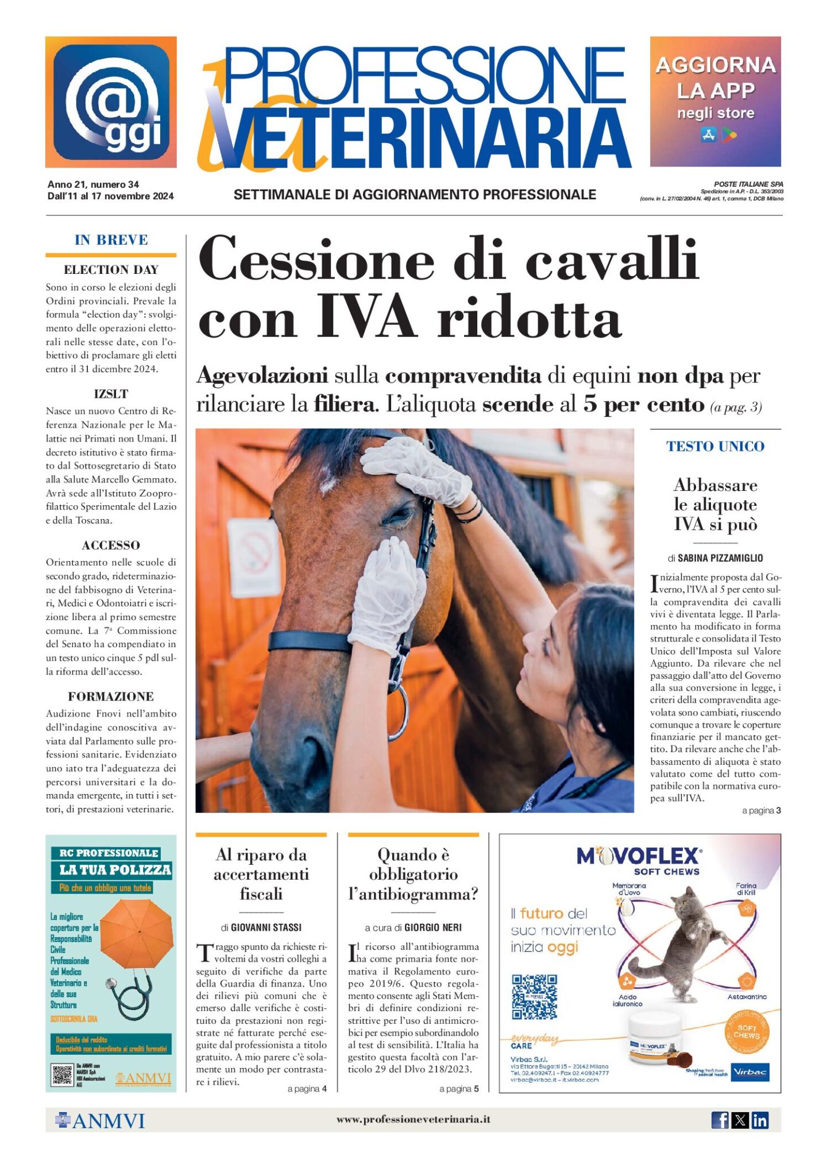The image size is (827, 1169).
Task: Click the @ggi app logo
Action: pos(111,102)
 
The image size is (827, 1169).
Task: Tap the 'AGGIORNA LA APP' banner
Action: pos(715,102)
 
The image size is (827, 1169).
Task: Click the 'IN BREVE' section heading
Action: pos(111,240)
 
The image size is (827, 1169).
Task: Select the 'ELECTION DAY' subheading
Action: pos(111,270)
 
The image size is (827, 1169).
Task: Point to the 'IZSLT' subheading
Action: pos(111,394)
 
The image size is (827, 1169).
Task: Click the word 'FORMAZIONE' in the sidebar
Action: pos(111,696)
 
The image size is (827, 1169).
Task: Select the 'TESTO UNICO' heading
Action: pos(715,446)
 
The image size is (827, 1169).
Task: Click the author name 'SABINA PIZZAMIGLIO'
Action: pos(720,558)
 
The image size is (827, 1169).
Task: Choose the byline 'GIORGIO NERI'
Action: pos(432,927)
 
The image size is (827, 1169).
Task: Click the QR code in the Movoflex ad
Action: pos(534,996)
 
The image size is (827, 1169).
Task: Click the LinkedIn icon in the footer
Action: pos(760,1120)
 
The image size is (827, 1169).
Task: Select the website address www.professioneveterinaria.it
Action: pos(413,1119)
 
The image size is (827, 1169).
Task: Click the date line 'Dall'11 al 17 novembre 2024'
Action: pos(110,196)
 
